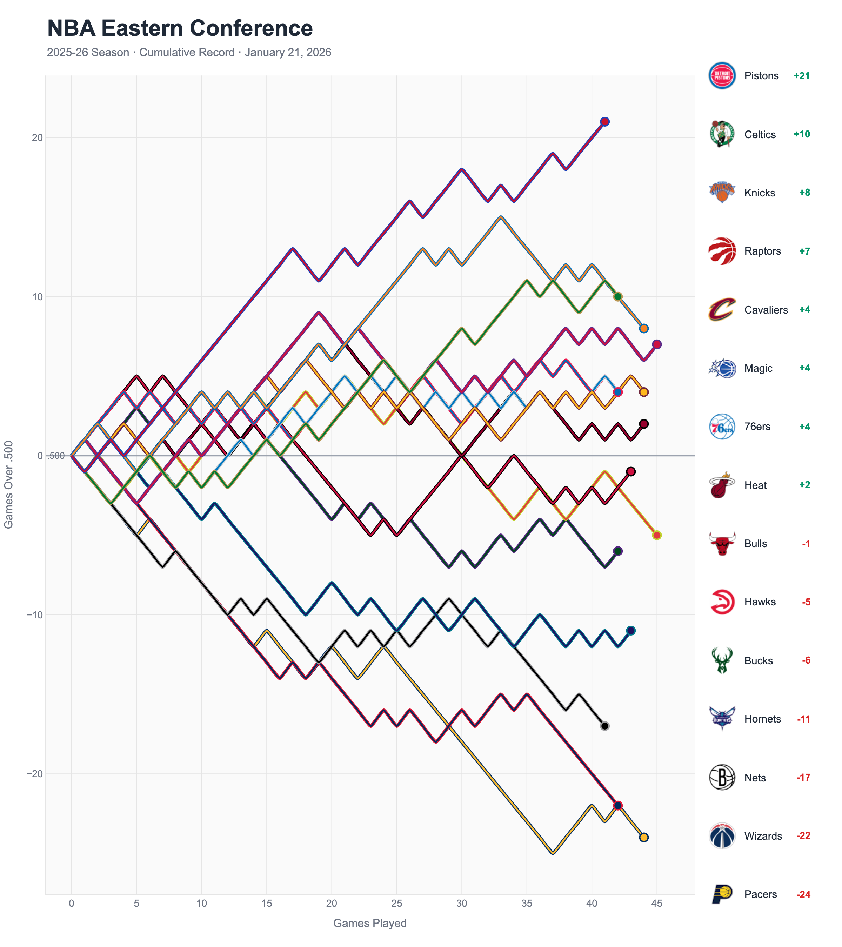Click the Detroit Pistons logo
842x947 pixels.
click(x=722, y=75)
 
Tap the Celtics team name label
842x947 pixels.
click(x=760, y=134)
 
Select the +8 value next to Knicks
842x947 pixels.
click(x=804, y=193)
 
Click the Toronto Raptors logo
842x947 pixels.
click(x=722, y=251)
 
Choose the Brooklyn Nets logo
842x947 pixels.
click(x=722, y=778)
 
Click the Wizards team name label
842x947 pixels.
click(x=763, y=836)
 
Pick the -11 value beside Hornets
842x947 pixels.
click(x=803, y=719)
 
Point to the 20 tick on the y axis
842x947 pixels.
click(x=37, y=137)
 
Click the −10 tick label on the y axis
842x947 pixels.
click(x=34, y=615)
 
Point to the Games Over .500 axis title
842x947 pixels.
click(x=8, y=484)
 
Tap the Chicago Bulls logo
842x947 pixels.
click(x=722, y=543)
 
